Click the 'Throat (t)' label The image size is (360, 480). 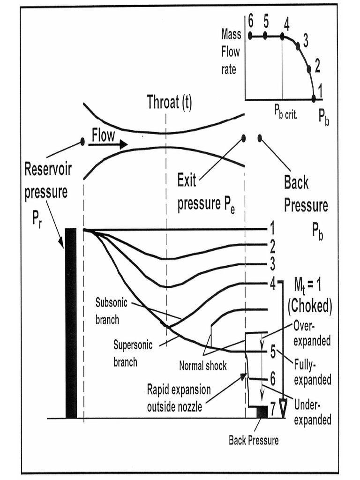click(169, 102)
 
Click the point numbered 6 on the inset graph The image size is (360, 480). click(250, 36)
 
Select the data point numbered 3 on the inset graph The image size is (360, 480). click(298, 46)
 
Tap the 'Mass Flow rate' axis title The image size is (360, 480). click(231, 52)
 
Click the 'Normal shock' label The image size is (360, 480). click(203, 366)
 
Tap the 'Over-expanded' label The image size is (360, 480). click(311, 334)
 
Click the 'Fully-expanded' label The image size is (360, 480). click(312, 373)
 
